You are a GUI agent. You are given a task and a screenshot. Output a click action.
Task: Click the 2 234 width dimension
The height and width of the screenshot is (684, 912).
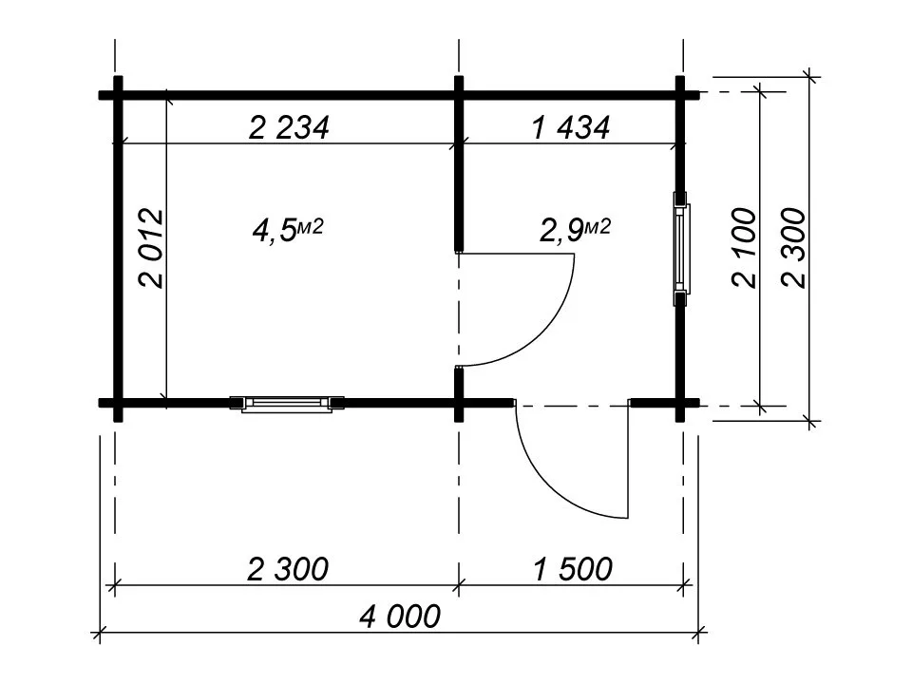pos(289,128)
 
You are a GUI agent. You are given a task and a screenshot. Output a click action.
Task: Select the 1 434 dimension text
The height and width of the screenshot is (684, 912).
pos(571,128)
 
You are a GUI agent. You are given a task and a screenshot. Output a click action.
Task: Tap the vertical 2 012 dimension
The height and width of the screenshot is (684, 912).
pos(152,248)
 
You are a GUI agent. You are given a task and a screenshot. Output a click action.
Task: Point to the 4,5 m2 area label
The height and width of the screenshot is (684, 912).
pos(287,229)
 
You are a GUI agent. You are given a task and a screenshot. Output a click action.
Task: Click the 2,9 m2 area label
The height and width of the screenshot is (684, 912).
pos(576,229)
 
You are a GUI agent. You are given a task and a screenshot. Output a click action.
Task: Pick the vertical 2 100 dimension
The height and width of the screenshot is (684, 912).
pos(745,248)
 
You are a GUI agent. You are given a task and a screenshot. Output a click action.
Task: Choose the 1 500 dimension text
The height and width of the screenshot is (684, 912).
pos(573,569)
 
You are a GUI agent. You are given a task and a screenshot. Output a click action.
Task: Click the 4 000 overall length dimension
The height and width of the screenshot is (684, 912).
pos(400,617)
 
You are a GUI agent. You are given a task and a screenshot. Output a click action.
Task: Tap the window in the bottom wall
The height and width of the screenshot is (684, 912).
pos(287,404)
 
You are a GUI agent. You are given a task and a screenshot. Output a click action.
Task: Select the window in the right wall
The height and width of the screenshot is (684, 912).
pos(681,248)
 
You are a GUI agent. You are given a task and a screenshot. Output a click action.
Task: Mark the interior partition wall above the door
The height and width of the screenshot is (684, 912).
pos(459,164)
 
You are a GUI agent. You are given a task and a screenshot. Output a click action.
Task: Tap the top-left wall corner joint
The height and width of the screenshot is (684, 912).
pos(118,95)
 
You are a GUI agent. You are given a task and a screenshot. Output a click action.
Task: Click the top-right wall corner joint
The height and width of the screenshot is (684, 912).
pos(680,95)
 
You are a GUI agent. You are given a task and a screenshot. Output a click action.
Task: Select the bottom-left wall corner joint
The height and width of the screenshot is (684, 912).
pos(118,403)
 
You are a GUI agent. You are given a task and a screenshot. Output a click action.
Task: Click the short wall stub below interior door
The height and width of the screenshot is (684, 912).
pos(459,393)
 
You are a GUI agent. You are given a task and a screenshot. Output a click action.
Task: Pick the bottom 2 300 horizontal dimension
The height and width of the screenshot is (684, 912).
pos(288,569)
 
